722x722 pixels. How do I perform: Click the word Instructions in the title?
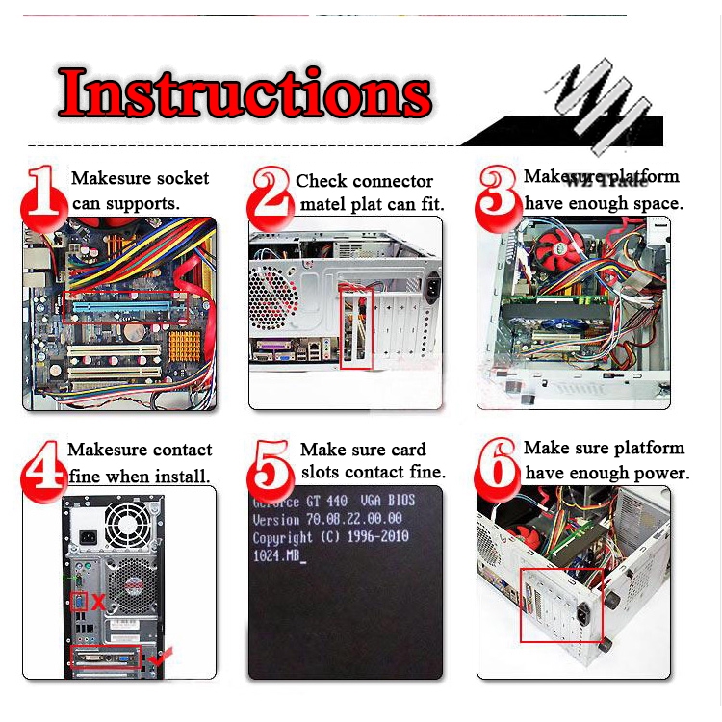click(x=244, y=92)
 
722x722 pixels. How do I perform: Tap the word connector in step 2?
click(x=387, y=181)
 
